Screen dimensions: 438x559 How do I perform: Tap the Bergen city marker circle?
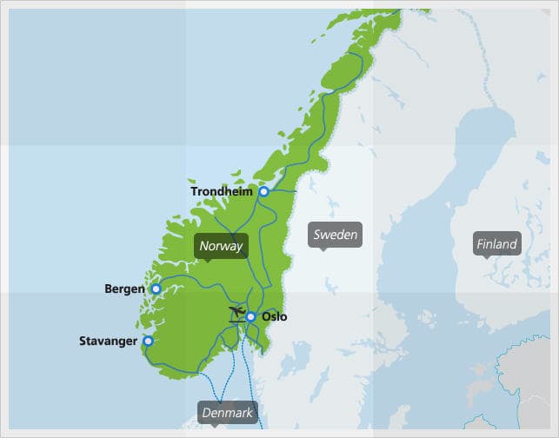(156, 289)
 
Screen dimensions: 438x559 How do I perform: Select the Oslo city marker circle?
(250, 317)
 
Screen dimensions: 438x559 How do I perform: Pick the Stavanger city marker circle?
(148, 342)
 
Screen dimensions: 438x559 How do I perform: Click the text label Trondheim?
(222, 192)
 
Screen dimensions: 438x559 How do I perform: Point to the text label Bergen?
(124, 289)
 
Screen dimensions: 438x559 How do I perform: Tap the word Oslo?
(274, 317)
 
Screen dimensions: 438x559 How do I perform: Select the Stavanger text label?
(108, 342)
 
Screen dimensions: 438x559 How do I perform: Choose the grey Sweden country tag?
(335, 235)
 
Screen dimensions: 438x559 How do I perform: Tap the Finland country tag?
(496, 244)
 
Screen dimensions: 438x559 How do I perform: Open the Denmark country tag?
(227, 413)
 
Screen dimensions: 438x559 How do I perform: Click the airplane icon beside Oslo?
(235, 314)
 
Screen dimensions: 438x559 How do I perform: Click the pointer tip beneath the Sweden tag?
(323, 249)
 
